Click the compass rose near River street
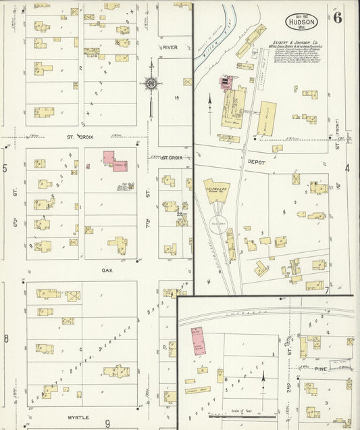pyautogui.click(x=151, y=83)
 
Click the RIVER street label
pyautogui.click(x=169, y=47)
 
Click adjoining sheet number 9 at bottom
pyautogui.click(x=107, y=423)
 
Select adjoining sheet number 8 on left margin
pyautogui.click(x=5, y=338)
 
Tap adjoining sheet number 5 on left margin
pyautogui.click(x=5, y=168)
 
